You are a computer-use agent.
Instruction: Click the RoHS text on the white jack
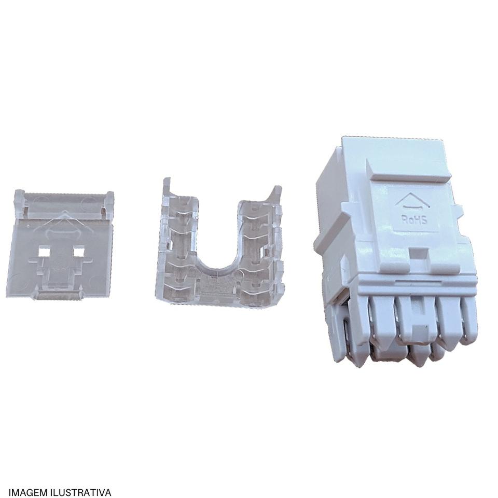(x=414, y=220)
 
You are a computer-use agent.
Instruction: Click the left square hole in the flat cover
(x=43, y=252)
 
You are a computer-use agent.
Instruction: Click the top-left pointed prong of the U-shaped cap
(x=167, y=184)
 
